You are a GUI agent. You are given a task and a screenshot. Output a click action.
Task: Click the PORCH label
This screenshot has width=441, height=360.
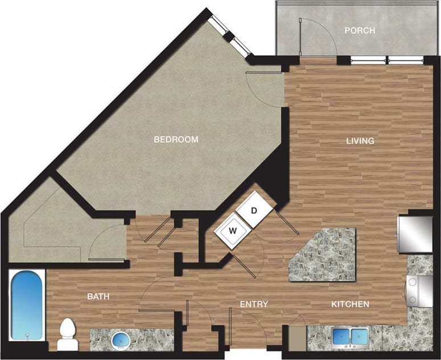360,30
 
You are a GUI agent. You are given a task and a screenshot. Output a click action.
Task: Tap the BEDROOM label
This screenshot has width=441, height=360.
176,140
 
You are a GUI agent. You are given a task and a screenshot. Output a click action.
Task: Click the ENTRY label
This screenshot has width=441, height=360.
254,304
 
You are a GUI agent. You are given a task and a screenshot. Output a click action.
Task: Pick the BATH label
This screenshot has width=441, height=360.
98,297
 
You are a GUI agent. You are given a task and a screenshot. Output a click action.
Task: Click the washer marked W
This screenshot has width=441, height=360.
233,231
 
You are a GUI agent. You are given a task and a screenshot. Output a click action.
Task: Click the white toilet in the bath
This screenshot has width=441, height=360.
67,334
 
